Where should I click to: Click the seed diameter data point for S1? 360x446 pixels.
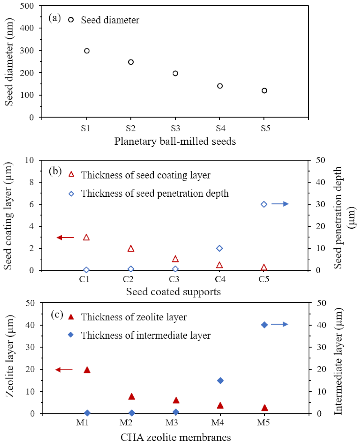tap(87, 51)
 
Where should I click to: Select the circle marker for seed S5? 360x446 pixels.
tap(264, 91)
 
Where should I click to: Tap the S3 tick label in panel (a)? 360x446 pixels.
tap(175, 129)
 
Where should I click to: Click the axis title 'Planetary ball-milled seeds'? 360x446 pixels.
tap(175, 141)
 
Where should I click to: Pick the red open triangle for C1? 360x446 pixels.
tap(86, 238)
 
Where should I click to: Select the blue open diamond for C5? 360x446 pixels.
tap(264, 204)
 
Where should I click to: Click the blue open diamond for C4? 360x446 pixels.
tap(220, 248)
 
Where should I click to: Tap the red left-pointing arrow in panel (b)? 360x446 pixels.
tap(65, 238)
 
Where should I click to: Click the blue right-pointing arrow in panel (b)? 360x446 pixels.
tap(280, 204)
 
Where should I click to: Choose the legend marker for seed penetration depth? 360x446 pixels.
tap(71, 194)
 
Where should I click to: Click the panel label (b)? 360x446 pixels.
tap(55, 171)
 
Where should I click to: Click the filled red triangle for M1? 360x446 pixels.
tap(87, 370)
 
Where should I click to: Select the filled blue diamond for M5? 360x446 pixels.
tap(264, 325)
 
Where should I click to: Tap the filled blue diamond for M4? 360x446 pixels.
tap(220, 381)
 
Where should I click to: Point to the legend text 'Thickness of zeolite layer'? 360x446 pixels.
tap(134, 317)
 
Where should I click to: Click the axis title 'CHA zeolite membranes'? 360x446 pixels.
tap(176, 438)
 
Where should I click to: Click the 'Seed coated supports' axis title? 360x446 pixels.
tap(173, 292)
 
